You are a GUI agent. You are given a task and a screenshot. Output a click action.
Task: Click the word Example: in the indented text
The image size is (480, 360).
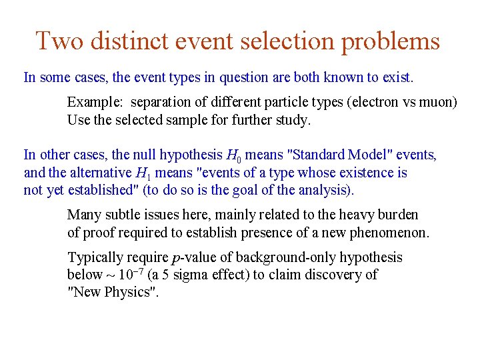click(x=95, y=103)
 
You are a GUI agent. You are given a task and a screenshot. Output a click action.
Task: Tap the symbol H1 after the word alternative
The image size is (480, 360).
click(x=142, y=173)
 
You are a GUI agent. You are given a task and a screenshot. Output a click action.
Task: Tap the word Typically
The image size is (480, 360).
click(x=96, y=258)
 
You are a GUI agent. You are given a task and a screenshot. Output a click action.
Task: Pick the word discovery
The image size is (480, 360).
click(x=332, y=275)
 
